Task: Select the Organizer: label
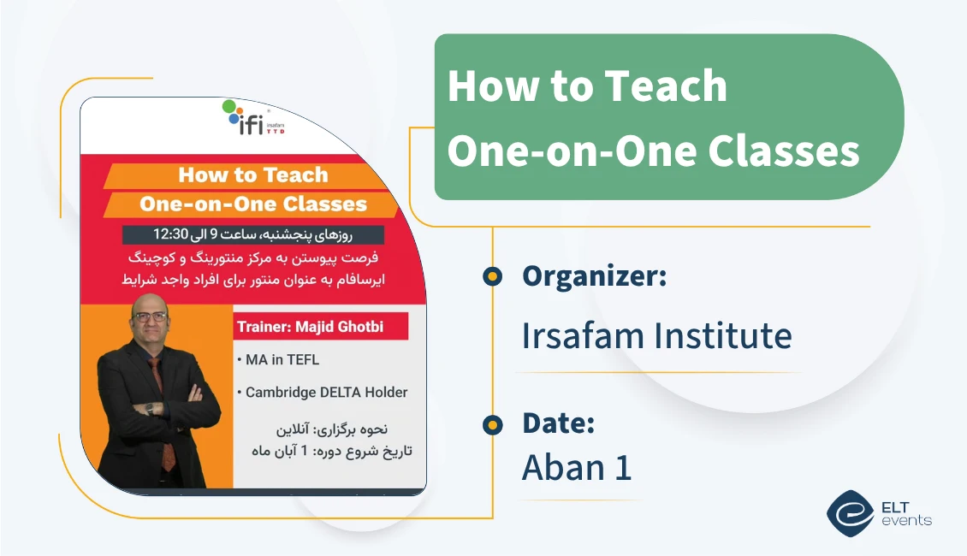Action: coord(594,276)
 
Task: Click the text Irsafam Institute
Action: coord(656,335)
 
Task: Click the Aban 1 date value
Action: coord(576,467)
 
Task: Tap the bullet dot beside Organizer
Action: coord(492,276)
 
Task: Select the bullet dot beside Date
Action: coord(492,423)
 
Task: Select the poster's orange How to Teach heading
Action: coord(253,175)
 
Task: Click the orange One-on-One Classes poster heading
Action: coord(253,204)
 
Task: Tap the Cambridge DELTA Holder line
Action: coord(326,393)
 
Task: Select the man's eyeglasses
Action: coord(151,316)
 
